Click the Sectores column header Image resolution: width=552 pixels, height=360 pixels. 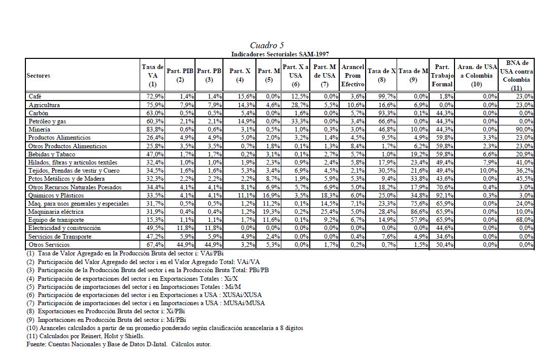(x=40, y=75)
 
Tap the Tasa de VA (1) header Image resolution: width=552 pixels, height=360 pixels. (x=153, y=75)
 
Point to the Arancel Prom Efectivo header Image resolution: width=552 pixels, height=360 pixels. (x=352, y=75)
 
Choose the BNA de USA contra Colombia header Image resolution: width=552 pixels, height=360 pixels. (x=517, y=75)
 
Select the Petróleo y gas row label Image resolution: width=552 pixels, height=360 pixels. (x=47, y=121)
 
